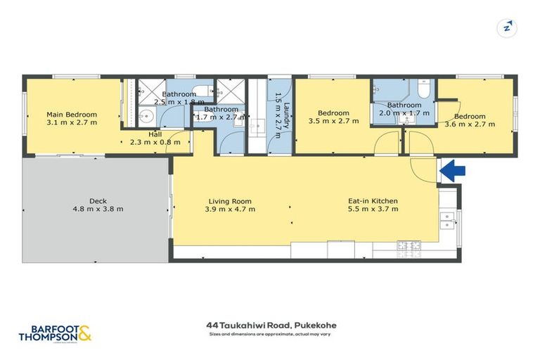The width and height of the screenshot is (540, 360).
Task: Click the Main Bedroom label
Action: (72, 114)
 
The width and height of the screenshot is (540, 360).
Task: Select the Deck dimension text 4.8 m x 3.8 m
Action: (98, 209)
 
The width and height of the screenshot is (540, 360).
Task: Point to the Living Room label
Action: (230, 200)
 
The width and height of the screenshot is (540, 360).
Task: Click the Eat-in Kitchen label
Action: (373, 200)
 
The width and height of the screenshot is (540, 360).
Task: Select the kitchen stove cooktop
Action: (408, 246)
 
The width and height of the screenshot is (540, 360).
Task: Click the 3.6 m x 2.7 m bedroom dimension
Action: (470, 125)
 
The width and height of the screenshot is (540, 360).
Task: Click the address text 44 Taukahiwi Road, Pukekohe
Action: (269, 326)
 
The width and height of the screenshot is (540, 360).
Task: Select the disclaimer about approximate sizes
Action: (269, 334)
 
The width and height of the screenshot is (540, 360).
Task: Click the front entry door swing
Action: (424, 169)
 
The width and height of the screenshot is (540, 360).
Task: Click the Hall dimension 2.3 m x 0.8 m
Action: (155, 142)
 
